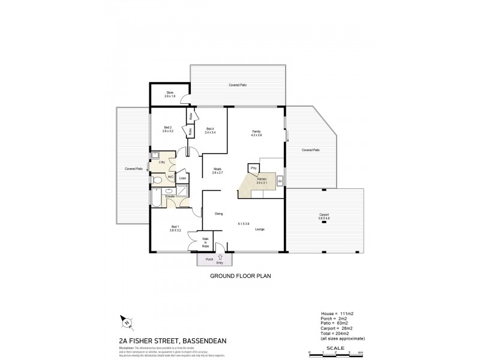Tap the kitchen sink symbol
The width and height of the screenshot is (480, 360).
coord(280,180)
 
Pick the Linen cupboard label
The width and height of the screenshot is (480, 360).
coord(183,178)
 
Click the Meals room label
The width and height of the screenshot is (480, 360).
coord(218,171)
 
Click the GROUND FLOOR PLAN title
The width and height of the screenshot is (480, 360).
coord(238,278)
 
